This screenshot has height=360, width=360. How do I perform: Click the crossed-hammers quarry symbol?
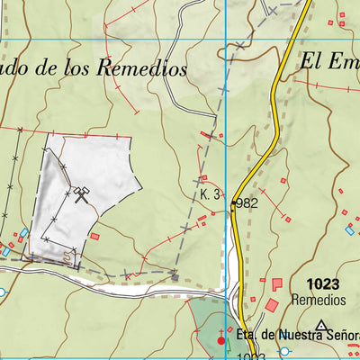82,193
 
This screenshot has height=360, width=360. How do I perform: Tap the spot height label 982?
248,204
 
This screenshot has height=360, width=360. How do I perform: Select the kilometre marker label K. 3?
212,193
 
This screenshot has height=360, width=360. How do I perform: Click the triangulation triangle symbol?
321,325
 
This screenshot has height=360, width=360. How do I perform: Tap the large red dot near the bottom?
222,340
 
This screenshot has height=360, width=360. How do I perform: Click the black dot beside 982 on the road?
233,203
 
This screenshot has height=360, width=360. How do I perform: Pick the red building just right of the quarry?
94,236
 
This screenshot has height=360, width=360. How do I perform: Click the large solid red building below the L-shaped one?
272,306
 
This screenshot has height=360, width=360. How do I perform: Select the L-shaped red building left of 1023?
275,284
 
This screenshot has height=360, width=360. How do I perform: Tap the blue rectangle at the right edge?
349,230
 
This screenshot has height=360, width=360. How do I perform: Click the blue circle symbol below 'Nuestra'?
284,351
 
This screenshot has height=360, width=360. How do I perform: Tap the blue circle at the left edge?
2,292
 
